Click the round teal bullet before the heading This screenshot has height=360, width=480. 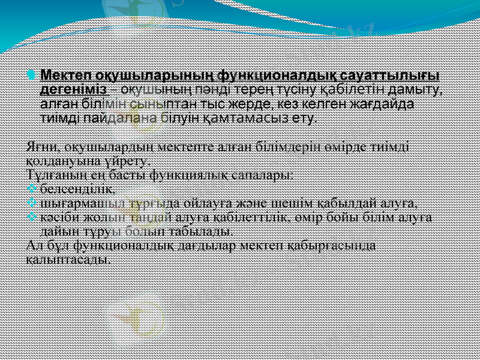pos(32,76)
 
